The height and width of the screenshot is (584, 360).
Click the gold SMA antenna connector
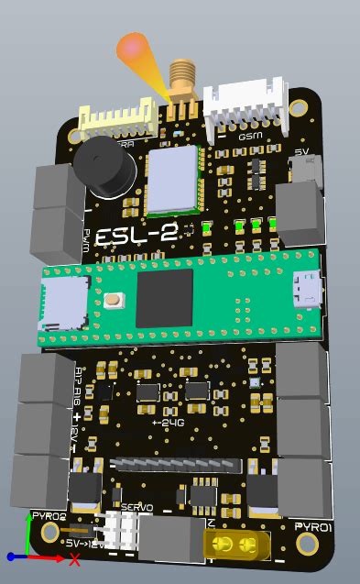point(182,81)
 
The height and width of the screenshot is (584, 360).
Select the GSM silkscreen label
point(249,136)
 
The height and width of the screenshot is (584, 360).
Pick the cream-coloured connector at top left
point(116,120)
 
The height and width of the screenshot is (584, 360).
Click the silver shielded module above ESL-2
point(173,176)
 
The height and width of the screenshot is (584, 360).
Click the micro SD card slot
point(62,303)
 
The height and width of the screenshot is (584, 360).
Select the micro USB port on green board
point(304,290)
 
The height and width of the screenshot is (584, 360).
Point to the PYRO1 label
point(312,526)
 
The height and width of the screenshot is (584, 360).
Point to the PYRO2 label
point(49,516)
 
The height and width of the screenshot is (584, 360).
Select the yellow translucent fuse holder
point(235,546)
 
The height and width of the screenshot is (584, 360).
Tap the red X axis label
point(74,560)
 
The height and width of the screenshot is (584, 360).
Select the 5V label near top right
point(301,152)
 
